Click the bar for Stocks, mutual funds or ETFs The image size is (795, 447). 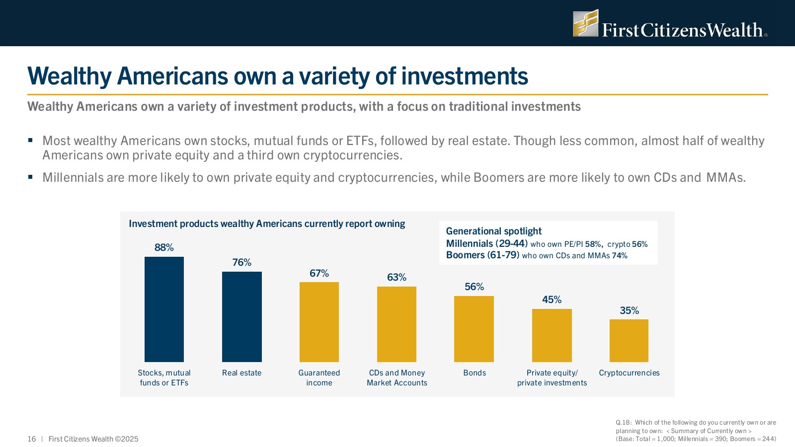point(164,309)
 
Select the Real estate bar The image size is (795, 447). point(241,316)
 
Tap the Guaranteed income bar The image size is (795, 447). point(319,322)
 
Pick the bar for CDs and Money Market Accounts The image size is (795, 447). point(397,324)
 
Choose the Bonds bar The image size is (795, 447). point(474,329)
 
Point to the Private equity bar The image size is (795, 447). point(552,335)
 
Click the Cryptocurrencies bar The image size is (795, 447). point(629,340)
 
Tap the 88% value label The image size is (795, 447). point(164,247)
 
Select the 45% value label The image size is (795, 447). point(552,299)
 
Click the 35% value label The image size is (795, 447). point(629,310)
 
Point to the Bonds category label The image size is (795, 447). point(475,373)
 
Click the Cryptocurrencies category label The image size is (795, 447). point(629,373)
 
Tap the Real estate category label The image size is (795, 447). point(241,373)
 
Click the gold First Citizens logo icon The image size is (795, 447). point(585,23)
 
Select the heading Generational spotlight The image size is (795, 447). point(493,231)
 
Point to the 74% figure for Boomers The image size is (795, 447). point(620,256)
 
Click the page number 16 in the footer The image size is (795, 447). point(32,439)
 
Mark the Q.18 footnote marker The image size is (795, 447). point(623,423)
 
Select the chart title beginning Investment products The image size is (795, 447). point(267,224)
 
